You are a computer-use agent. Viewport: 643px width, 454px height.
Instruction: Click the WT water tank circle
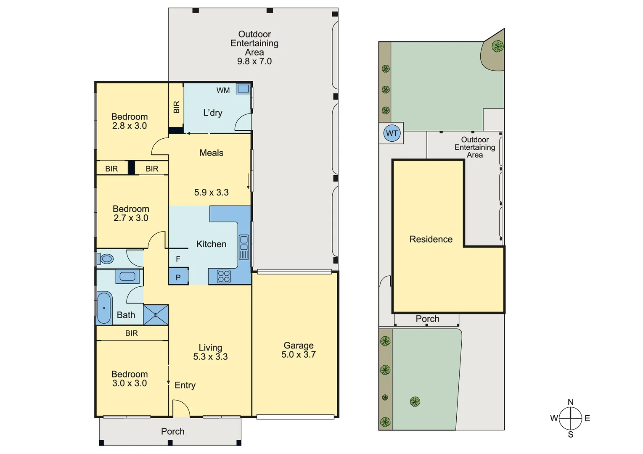click(x=392, y=134)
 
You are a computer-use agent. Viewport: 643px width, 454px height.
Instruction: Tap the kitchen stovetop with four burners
click(x=224, y=276)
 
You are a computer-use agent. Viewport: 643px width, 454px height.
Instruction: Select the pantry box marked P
click(x=178, y=277)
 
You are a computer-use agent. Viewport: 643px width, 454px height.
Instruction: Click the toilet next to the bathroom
click(x=106, y=259)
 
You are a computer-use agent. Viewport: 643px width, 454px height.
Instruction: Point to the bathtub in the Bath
click(x=104, y=308)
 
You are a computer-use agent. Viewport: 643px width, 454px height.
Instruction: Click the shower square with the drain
click(x=156, y=315)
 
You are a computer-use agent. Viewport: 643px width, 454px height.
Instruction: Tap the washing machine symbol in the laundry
click(x=243, y=89)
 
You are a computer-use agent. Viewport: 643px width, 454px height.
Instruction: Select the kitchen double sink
click(x=244, y=247)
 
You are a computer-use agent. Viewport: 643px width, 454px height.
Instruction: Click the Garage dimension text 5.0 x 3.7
click(x=299, y=355)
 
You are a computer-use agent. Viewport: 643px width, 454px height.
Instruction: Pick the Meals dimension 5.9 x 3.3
click(x=212, y=193)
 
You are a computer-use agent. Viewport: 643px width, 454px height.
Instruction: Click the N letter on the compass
click(x=570, y=402)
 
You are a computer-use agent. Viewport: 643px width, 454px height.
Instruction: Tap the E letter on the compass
click(x=587, y=418)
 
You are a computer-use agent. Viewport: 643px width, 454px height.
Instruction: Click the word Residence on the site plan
click(x=431, y=239)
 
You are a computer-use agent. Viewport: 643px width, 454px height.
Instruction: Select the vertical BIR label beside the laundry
click(x=176, y=107)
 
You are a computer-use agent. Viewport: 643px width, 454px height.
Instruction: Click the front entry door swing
click(x=181, y=408)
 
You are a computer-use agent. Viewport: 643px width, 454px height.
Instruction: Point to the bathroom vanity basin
click(x=127, y=277)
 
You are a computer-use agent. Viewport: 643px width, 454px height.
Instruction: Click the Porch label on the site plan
click(x=427, y=319)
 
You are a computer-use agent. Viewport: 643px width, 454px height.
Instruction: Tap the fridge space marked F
click(x=178, y=259)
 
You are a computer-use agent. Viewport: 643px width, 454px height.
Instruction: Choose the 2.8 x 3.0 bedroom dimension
click(x=130, y=126)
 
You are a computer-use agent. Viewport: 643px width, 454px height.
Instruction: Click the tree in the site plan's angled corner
click(x=497, y=46)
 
